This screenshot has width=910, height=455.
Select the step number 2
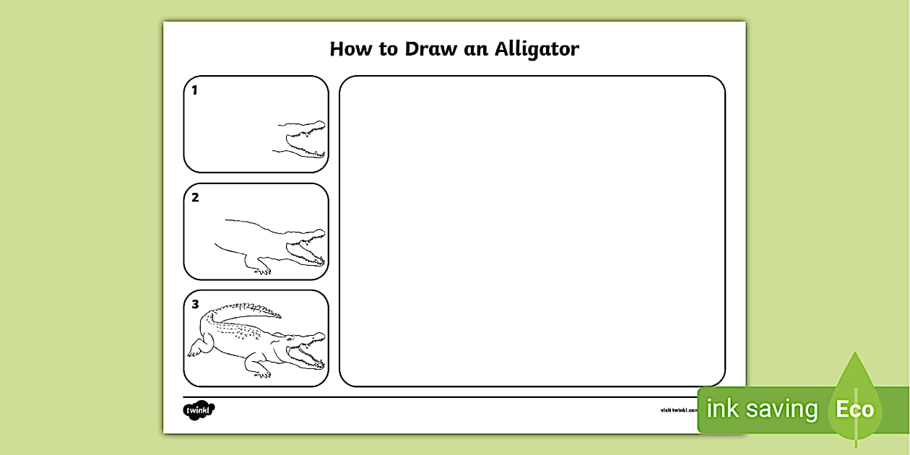[x=195, y=197]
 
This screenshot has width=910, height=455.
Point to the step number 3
[x=195, y=304]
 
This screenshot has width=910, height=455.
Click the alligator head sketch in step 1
[x=303, y=139]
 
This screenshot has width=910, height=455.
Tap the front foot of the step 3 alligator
[x=261, y=373]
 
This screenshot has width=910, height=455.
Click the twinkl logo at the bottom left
[x=199, y=410]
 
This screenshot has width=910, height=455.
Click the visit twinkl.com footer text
[x=678, y=410]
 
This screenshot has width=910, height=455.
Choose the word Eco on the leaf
[x=855, y=409]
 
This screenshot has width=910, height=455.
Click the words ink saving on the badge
[x=761, y=409]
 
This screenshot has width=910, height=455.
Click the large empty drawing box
[x=532, y=231]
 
